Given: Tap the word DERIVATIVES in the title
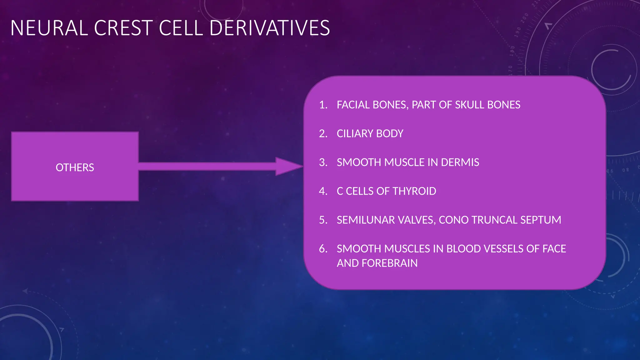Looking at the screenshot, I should (269, 28).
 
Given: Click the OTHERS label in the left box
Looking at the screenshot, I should (75, 167).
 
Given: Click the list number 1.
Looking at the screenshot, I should (323, 105).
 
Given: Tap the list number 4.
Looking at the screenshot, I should (323, 191).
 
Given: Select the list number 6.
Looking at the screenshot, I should (323, 249).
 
